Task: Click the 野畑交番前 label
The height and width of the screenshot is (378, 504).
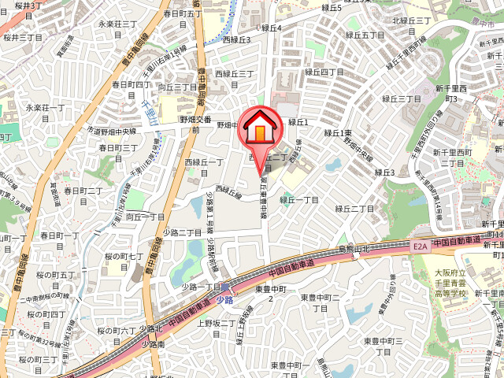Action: (x=195, y=124)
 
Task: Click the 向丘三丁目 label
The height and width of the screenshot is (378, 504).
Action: (x=178, y=92)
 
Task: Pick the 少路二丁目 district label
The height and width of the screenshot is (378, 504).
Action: (x=187, y=232)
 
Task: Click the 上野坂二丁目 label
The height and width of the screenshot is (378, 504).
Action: (x=217, y=328)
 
